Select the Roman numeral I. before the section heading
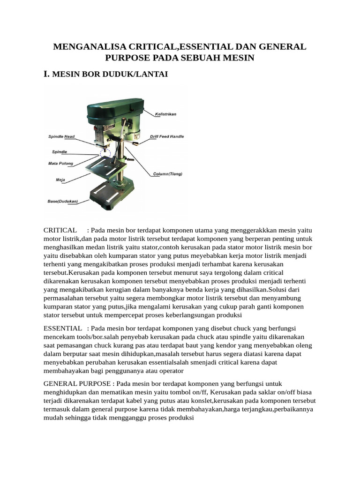coord(46,74)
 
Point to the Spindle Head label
coord(61,136)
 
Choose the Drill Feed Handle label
coord(167,136)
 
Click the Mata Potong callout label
coord(60,164)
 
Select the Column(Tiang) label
coord(168,174)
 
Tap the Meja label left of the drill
coord(60,180)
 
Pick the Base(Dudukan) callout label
coord(62,202)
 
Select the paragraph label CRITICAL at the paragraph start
coord(60,230)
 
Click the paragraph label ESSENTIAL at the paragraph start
coord(62,327)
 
